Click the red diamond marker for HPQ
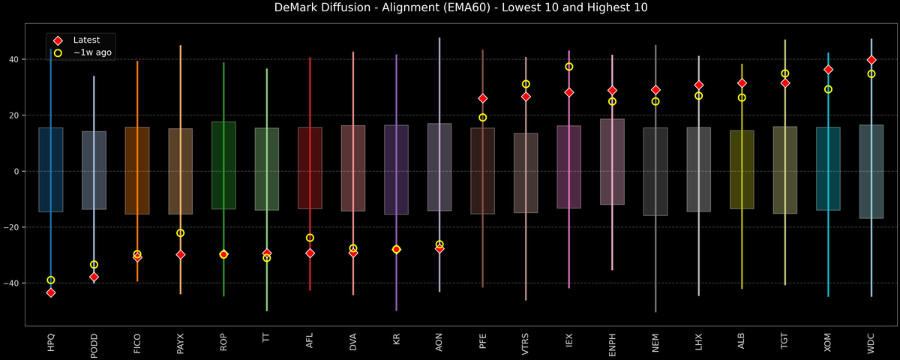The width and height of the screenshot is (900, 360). (x=51, y=292)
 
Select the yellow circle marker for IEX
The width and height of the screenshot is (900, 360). (x=569, y=67)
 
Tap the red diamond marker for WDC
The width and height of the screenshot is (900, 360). (x=871, y=60)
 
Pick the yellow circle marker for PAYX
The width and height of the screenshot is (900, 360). (x=180, y=233)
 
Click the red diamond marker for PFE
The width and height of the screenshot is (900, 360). (x=483, y=98)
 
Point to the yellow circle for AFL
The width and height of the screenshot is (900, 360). (x=310, y=238)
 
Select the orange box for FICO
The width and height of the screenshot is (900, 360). (x=137, y=170)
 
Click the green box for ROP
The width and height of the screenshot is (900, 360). (x=223, y=165)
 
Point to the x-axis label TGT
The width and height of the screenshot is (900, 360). (x=785, y=341)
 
